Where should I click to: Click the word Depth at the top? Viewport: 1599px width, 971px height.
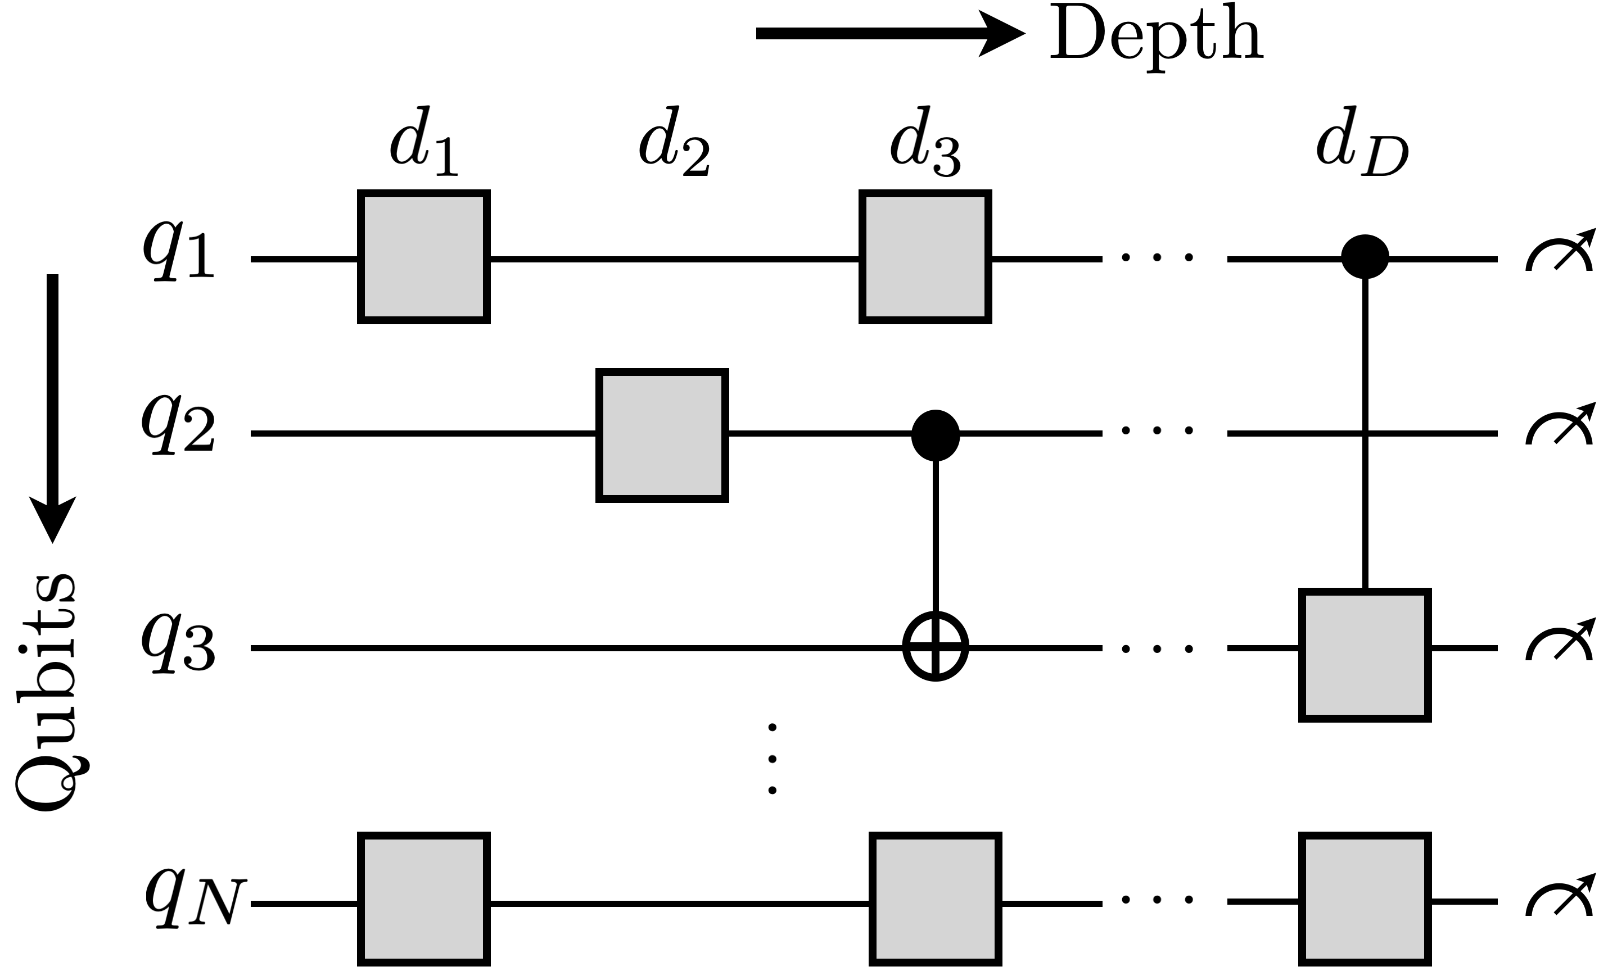pyautogui.click(x=1156, y=38)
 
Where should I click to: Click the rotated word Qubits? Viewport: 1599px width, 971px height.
pyautogui.click(x=47, y=693)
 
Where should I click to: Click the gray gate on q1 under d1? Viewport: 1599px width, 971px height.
pyautogui.click(x=424, y=257)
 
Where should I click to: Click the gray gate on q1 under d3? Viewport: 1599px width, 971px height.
pyautogui.click(x=925, y=257)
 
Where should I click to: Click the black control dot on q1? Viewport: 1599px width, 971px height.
pyautogui.click(x=1365, y=257)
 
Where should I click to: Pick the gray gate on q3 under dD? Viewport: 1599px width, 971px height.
pyautogui.click(x=1365, y=655)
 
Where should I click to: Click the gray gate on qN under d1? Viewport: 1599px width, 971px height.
pyautogui.click(x=424, y=899)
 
